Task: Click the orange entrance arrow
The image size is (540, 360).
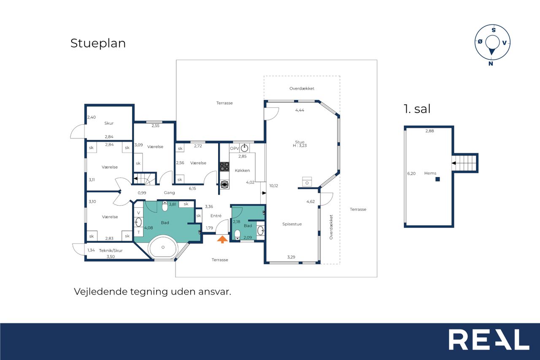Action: (222, 240)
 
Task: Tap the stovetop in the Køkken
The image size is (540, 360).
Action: (224, 167)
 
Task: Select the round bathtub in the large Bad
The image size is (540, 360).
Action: (163, 247)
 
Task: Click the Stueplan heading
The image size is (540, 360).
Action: (98, 43)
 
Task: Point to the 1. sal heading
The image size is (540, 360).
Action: (417, 109)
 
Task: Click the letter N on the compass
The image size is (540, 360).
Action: (491, 64)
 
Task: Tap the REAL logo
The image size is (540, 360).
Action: (489, 339)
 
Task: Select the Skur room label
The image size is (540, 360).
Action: (109, 123)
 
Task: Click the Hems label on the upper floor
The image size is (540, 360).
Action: (430, 173)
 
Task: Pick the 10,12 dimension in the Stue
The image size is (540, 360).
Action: (274, 186)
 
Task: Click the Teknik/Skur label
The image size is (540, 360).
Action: (111, 251)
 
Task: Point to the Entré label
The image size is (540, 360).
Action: (216, 216)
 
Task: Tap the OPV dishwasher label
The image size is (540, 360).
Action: (234, 148)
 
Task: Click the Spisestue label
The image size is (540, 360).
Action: (292, 224)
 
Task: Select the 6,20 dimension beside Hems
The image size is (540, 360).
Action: (411, 173)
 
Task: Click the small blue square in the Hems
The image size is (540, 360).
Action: (437, 179)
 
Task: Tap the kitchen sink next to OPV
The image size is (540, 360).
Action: (244, 148)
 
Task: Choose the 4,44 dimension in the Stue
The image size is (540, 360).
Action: (300, 110)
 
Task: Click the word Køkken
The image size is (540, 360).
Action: (242, 171)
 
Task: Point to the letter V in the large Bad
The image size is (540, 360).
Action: (139, 213)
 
